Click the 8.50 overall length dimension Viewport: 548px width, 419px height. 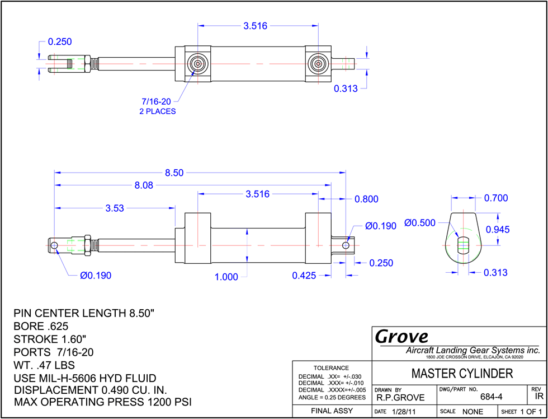178,173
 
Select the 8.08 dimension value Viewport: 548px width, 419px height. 144,185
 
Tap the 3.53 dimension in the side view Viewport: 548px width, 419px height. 115,208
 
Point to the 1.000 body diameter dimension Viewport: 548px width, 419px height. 226,277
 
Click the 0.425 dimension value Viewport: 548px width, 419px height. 304,276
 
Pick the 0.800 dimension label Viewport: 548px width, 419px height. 367,199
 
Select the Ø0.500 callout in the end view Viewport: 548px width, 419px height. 420,222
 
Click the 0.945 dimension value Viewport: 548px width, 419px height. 498,230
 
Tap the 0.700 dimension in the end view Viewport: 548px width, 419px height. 496,198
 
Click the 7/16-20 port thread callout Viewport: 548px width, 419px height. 156,102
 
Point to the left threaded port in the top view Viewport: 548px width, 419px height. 197,64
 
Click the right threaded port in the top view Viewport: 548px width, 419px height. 318,64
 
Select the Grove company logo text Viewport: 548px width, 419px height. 401,337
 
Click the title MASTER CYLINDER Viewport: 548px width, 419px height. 462,374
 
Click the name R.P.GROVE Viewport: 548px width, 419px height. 400,398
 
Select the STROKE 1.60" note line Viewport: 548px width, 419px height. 50,339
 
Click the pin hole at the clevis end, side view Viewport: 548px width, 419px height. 54,245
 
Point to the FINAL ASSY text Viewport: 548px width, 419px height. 332,411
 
